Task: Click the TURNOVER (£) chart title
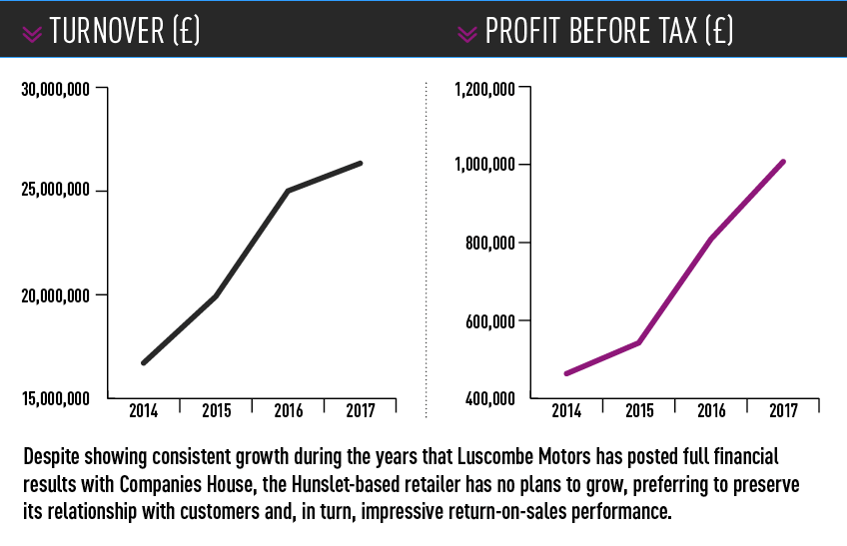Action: (x=125, y=32)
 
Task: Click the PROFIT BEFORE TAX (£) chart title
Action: (x=609, y=32)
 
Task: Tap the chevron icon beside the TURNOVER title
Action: (x=32, y=34)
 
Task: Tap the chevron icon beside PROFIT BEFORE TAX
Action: (x=466, y=34)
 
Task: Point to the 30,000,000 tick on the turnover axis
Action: (x=56, y=89)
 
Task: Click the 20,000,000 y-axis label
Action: (x=56, y=294)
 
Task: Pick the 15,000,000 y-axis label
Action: (x=56, y=399)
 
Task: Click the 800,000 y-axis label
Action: (x=491, y=243)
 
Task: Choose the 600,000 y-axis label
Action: (x=491, y=321)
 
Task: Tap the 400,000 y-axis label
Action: (x=491, y=399)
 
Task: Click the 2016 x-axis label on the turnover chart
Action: (x=289, y=410)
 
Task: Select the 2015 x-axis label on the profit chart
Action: (x=639, y=410)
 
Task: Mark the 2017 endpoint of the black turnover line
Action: (x=360, y=163)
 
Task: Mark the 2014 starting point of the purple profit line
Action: (x=566, y=373)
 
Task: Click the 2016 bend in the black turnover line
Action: (x=288, y=191)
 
